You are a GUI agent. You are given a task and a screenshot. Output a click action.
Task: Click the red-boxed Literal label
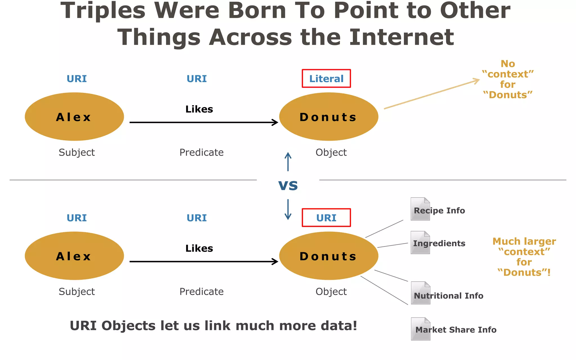(x=326, y=78)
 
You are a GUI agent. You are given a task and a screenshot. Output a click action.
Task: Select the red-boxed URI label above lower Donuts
(x=326, y=218)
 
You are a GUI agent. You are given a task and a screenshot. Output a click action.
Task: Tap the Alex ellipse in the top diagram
(x=74, y=117)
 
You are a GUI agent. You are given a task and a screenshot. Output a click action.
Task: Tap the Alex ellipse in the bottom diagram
(x=74, y=256)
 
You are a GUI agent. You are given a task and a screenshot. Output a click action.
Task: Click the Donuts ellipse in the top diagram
(x=328, y=117)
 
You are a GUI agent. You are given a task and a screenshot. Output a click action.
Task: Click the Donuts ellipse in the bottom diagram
(x=328, y=256)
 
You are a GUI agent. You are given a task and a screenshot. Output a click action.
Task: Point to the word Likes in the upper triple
(x=199, y=109)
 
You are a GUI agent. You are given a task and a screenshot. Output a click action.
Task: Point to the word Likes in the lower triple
(x=199, y=248)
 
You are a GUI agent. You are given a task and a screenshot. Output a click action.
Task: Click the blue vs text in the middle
(x=288, y=185)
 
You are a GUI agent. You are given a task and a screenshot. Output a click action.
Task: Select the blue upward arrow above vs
(x=288, y=162)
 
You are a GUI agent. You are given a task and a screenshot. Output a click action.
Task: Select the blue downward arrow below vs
(x=288, y=210)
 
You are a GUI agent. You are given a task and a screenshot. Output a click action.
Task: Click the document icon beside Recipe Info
(x=420, y=209)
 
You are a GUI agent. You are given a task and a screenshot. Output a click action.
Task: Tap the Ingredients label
(x=439, y=243)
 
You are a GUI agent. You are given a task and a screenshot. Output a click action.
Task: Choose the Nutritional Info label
(x=449, y=296)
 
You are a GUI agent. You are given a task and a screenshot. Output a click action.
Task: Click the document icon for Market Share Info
(x=420, y=329)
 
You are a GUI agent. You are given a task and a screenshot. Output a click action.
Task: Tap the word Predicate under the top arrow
(x=201, y=152)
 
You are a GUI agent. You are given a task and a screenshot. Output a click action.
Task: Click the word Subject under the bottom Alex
(x=76, y=292)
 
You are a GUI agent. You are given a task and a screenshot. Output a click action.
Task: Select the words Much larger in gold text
(x=524, y=241)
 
